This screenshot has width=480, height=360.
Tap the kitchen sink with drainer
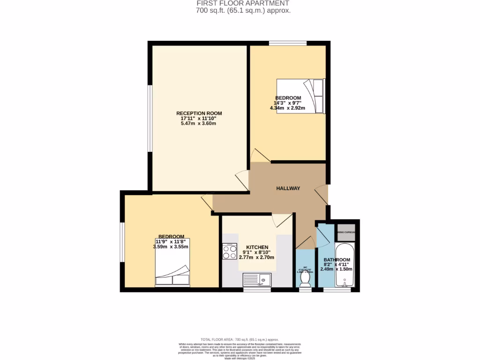tap(257, 280)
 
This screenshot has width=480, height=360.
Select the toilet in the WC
tap(305, 278)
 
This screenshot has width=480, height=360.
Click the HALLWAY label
tap(288, 188)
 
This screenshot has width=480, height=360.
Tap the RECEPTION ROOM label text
tap(199, 113)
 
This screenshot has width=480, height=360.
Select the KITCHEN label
tap(257, 247)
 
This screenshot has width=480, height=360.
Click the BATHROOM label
tap(337, 260)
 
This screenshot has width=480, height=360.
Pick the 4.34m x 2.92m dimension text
tap(287, 108)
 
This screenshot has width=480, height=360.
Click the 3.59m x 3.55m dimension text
tap(171, 247)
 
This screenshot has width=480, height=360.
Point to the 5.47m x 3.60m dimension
tap(199, 124)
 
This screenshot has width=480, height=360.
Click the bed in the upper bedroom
tap(300, 96)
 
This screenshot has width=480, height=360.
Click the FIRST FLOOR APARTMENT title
tap(240, 3)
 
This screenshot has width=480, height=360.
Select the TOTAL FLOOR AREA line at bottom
tap(240, 339)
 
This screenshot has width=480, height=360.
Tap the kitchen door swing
tap(281, 219)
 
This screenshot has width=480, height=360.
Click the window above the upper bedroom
tap(288, 44)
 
